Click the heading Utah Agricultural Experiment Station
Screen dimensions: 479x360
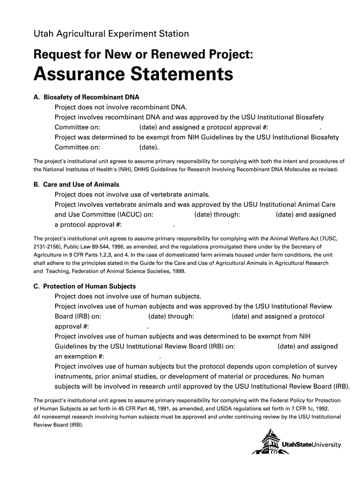point(111,34)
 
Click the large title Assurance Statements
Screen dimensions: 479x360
point(133,74)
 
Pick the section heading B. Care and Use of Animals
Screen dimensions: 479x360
point(76,185)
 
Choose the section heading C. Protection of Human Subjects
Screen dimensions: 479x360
point(84,286)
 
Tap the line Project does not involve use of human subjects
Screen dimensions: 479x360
point(128,296)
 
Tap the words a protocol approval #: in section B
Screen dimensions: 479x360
point(88,225)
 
